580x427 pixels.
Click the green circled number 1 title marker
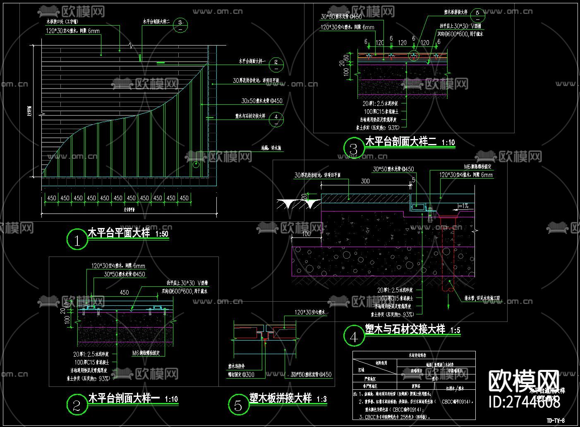pyautogui.click(x=77, y=240)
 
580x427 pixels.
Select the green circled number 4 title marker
pyautogui.click(x=354, y=336)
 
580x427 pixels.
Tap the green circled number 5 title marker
pyautogui.click(x=238, y=405)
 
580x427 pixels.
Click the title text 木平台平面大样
pyautogui.click(x=119, y=233)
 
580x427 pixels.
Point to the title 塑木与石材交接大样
pyautogui.click(x=405, y=329)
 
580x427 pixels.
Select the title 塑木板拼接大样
pyautogui.click(x=280, y=398)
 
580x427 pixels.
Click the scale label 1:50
pyautogui.click(x=162, y=234)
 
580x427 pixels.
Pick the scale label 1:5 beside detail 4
pyautogui.click(x=455, y=331)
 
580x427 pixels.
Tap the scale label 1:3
pyautogui.click(x=321, y=400)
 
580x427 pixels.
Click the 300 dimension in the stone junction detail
pyautogui.click(x=365, y=181)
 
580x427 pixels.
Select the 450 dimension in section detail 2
pyautogui.click(x=124, y=293)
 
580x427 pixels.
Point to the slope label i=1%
pyautogui.click(x=463, y=206)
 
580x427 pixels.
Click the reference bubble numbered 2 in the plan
pyautogui.click(x=276, y=63)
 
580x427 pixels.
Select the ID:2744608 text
pyautogui.click(x=525, y=402)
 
